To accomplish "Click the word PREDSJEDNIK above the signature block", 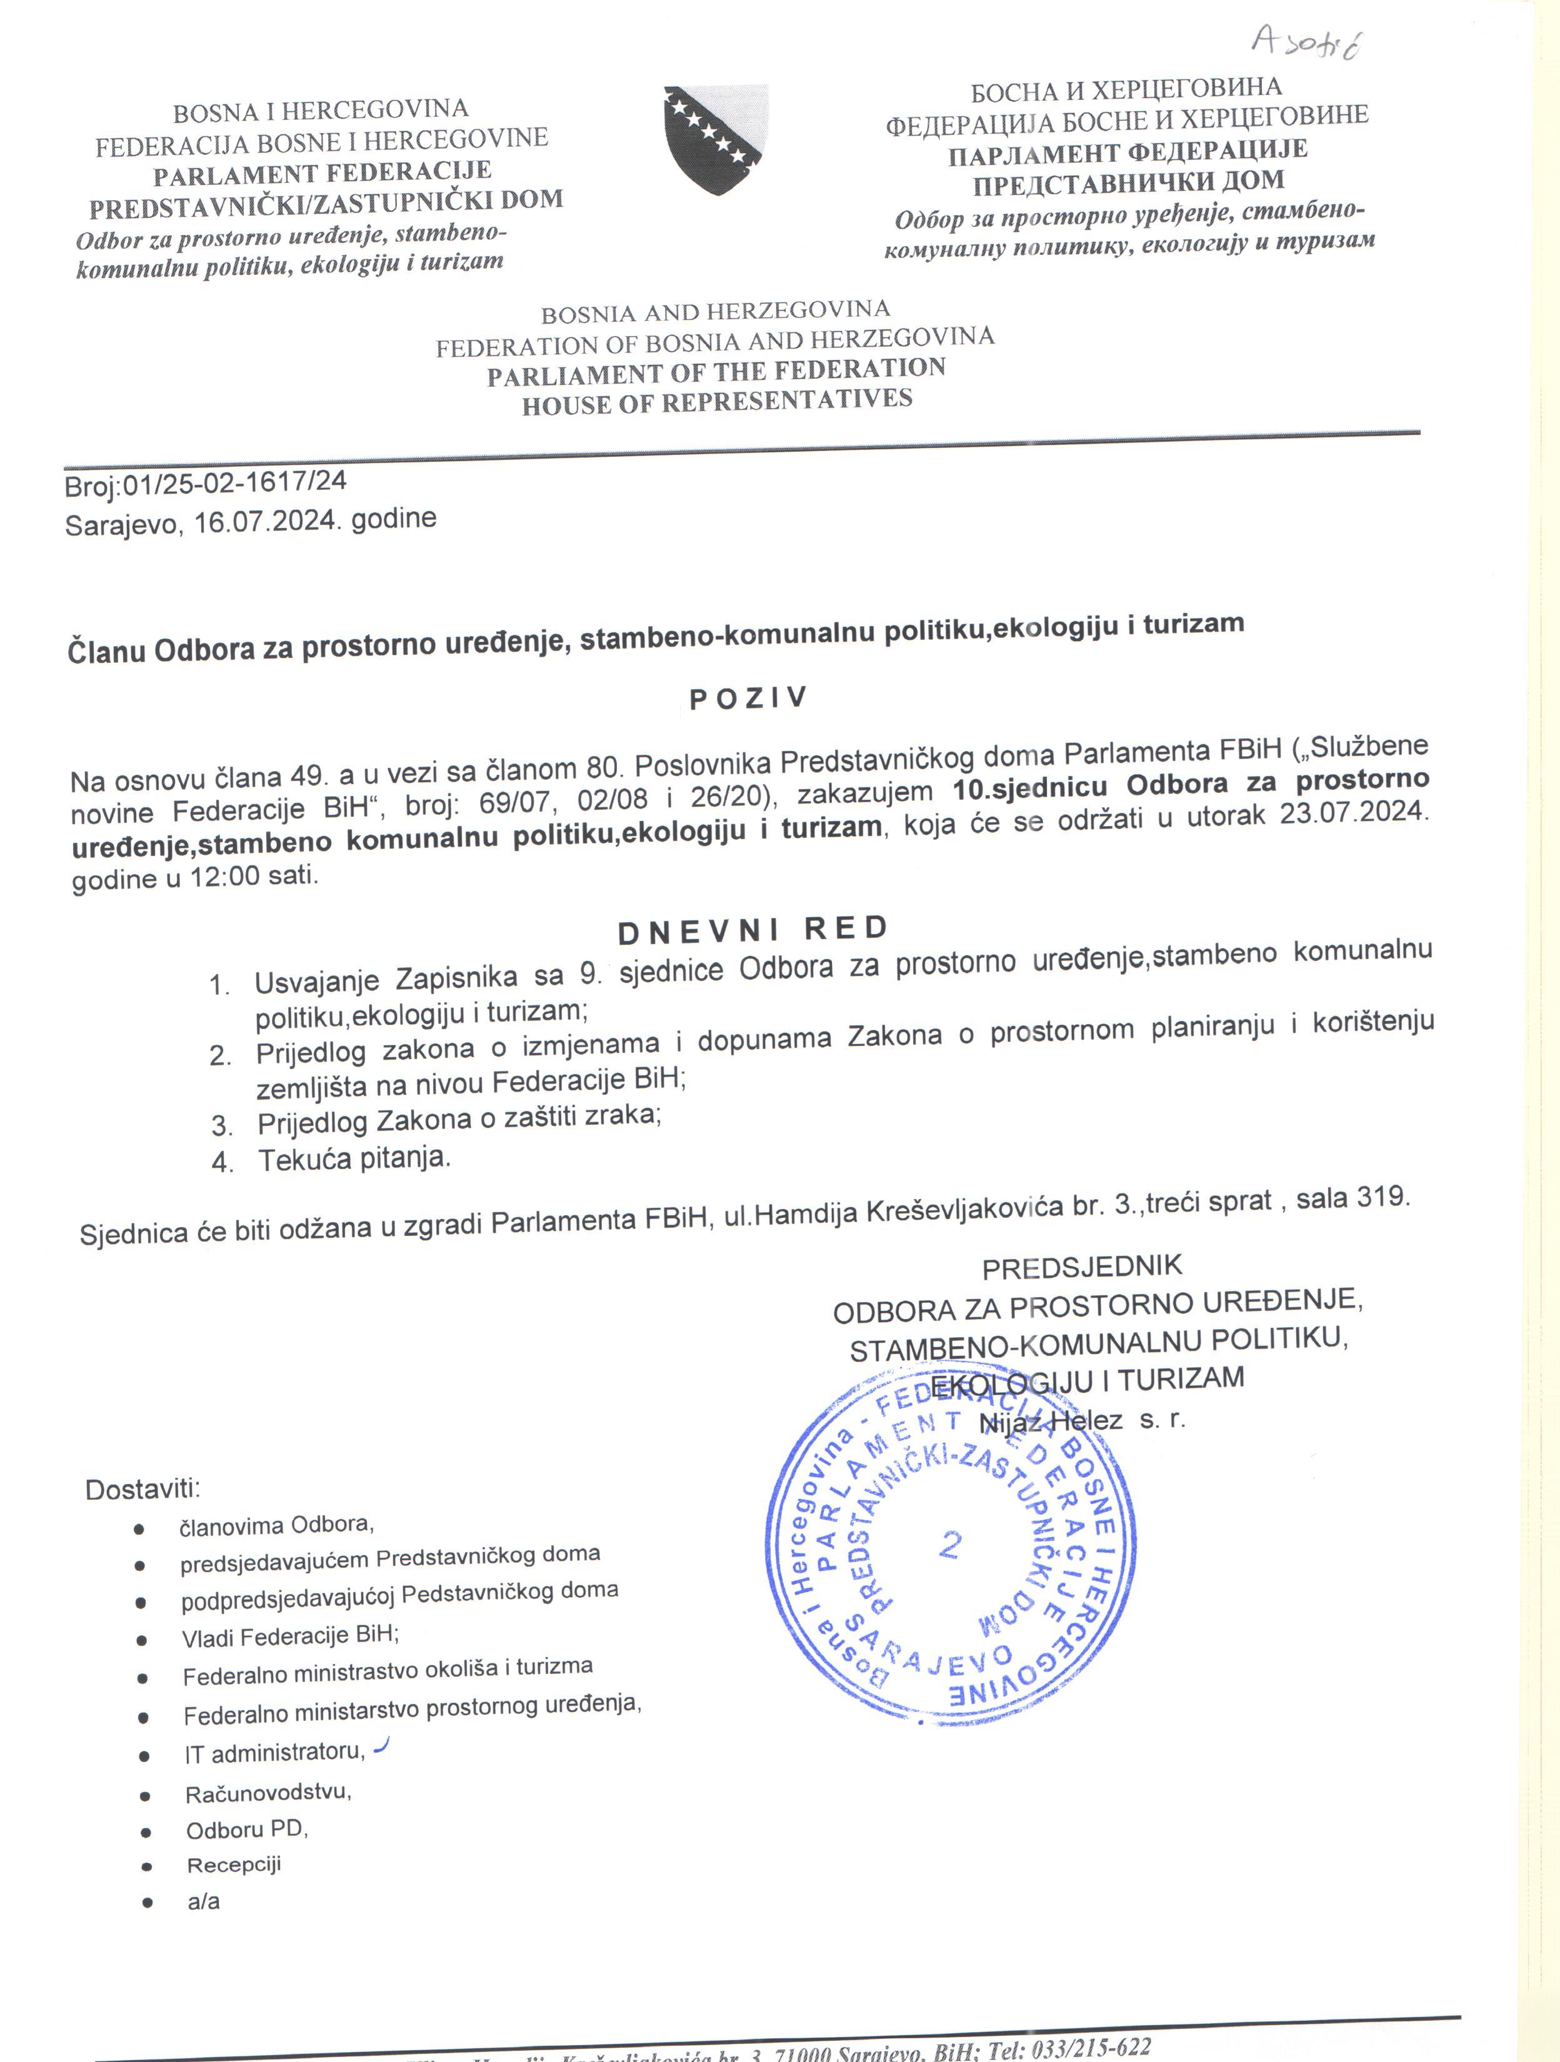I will [1082, 1267].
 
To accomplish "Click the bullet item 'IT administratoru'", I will [273, 1753].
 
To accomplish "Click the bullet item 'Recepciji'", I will [233, 1865].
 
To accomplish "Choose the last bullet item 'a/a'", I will [203, 1901].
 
